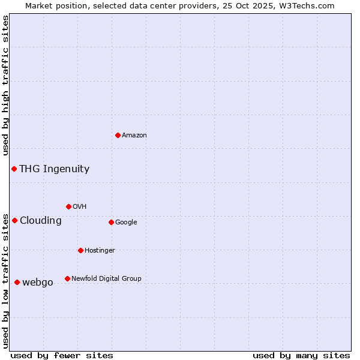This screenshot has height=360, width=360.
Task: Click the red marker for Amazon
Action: pos(118,135)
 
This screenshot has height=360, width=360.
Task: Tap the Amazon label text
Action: pos(134,136)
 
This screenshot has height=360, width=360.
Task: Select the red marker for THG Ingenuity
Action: pos(14,169)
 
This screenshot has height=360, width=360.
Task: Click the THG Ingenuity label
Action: pos(54,169)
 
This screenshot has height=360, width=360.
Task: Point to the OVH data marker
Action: pos(68,206)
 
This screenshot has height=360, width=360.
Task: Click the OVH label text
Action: pos(80,207)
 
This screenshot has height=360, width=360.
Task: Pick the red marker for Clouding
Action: pos(14,220)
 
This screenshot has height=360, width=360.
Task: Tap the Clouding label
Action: pos(41,221)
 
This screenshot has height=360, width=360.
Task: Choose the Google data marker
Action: pos(111,222)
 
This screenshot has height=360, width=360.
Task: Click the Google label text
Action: pos(126,223)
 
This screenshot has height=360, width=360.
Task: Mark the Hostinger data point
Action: pos(80,250)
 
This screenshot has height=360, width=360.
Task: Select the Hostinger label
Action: pos(100,251)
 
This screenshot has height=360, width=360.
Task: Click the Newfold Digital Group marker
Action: pos(67,278)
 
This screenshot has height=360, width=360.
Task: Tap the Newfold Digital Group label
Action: pos(106,279)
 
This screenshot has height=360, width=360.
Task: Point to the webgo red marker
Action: pos(17,282)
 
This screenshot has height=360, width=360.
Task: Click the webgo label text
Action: pos(38,283)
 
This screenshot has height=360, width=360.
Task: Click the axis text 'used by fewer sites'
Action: pos(62,355)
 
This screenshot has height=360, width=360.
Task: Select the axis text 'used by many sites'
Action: pos(301,355)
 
